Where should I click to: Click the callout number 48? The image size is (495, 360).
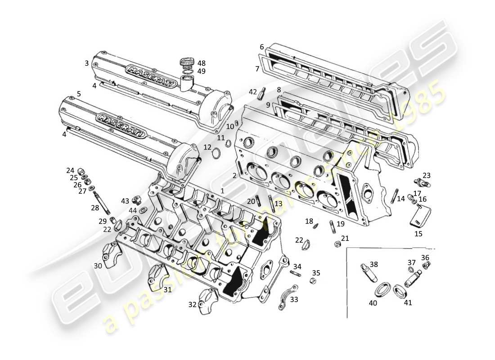(x=201, y=63)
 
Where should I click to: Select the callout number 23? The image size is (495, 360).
(x=427, y=175)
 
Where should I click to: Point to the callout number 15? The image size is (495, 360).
(x=418, y=234)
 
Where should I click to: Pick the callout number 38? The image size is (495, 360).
(x=374, y=264)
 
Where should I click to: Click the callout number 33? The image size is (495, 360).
(x=294, y=299)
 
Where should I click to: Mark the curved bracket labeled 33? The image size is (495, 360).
(x=288, y=297)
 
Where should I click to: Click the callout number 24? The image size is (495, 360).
(x=70, y=171)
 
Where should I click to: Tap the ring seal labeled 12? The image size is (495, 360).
(x=216, y=154)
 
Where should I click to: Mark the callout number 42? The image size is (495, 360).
(x=253, y=92)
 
